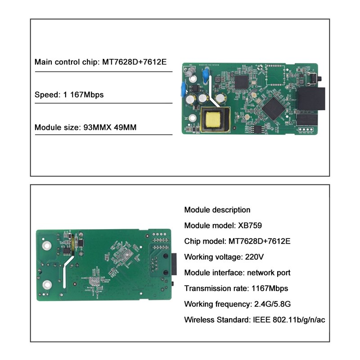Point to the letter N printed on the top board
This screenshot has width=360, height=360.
pyautogui.click(x=185, y=115)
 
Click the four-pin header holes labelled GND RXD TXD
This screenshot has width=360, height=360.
pyautogui.click(x=308, y=127)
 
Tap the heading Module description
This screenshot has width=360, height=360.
pyautogui.click(x=217, y=210)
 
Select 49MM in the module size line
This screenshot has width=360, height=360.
pyautogui.click(x=124, y=127)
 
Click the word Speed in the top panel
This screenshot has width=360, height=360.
pyautogui.click(x=45, y=94)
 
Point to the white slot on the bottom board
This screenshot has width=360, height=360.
pyautogui.click(x=67, y=273)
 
